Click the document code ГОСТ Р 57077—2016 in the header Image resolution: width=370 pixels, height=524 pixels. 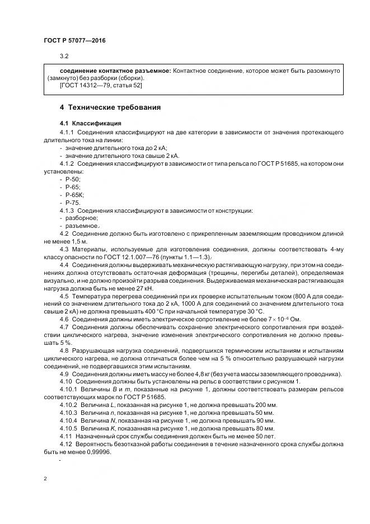pos(74,41)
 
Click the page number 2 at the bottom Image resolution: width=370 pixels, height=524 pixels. pos(45,479)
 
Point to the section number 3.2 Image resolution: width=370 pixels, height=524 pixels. pos(64,57)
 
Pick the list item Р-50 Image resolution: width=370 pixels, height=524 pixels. pos(73,179)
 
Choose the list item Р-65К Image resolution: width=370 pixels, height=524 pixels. pos(74,194)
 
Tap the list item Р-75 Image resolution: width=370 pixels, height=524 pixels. pos(73,202)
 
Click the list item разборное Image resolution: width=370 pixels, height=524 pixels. pos(81,218)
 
